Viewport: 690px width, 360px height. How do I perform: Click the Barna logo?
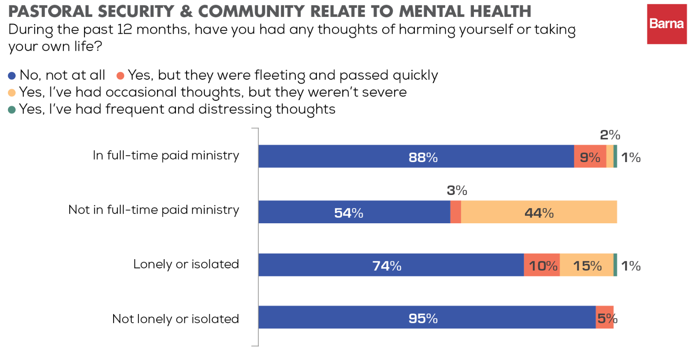point(666,24)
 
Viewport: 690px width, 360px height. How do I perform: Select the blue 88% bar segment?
point(416,157)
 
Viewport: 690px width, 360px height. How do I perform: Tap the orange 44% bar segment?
point(538,212)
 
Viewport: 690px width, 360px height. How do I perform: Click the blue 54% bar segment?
point(354,212)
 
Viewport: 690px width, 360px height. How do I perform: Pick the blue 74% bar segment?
point(390,265)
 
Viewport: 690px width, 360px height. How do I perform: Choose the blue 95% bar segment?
point(426,317)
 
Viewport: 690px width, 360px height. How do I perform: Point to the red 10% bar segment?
point(542,265)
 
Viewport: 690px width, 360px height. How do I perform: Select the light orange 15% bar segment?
point(586,265)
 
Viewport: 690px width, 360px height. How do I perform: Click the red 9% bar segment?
point(590,157)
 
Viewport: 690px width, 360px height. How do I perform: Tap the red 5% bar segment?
point(604,317)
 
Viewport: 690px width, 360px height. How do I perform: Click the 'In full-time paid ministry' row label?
point(166,156)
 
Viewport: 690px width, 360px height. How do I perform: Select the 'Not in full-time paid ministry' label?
point(154,210)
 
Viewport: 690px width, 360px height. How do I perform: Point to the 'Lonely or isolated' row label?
point(186,265)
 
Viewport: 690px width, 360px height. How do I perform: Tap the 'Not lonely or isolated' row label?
point(176,319)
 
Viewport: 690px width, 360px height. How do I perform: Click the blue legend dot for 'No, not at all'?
point(12,76)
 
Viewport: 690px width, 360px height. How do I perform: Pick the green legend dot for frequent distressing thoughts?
point(12,110)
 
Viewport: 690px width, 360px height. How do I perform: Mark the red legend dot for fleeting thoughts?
point(120,76)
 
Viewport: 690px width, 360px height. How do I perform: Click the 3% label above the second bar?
point(457,190)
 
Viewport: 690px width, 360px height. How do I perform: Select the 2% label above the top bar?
point(610,135)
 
